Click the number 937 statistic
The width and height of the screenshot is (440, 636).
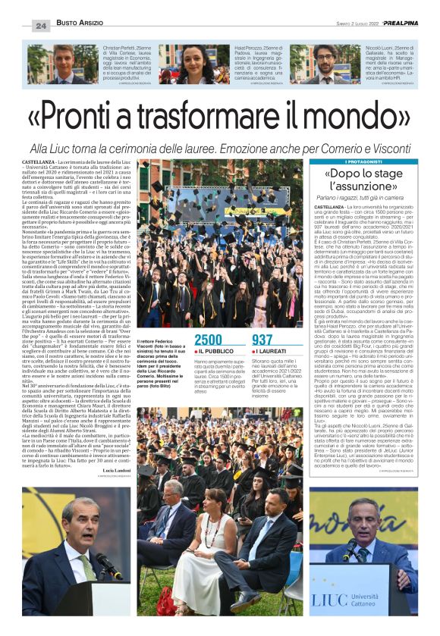(x=262, y=340)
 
